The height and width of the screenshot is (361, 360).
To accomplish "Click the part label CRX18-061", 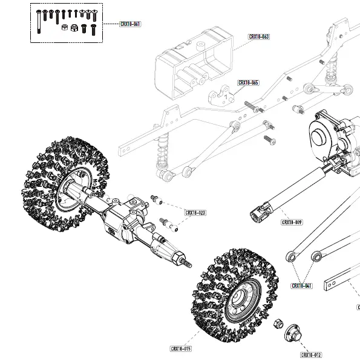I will tap(130, 24).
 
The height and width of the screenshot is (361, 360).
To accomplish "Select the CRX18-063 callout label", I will tap(259, 36).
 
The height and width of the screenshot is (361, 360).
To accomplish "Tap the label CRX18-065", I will tap(248, 82).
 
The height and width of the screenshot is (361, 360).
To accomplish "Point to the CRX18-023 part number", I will tap(195, 213).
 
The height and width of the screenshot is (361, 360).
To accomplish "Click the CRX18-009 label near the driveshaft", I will tap(292, 223).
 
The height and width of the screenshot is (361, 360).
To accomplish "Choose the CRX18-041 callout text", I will tap(301, 285).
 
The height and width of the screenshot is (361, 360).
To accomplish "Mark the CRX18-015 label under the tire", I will tap(181, 349).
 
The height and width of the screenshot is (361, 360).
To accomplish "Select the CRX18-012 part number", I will tap(311, 355).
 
